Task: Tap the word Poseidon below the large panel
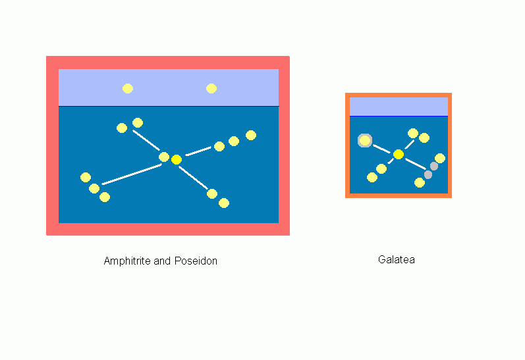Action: pos(196,261)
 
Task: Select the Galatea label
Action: pos(397,259)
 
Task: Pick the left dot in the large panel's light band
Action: pos(128,89)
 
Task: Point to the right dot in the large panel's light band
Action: pos(211,89)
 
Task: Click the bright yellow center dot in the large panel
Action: pos(177,159)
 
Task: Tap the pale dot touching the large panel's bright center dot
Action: pos(164,157)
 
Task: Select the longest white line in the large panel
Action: pos(132,174)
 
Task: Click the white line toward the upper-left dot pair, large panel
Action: pos(146,140)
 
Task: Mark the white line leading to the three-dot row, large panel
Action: pos(198,151)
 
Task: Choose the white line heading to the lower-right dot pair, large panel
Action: pos(193,177)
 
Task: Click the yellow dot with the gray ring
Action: pos(365,141)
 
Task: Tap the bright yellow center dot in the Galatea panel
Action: pos(399,154)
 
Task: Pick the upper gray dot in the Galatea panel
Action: pos(434,166)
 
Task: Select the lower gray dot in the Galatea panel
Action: pos(428,174)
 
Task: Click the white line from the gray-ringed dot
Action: pos(381,149)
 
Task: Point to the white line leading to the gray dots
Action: pos(416,164)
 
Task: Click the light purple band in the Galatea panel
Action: pos(399,107)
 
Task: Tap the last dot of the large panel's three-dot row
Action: pos(251,135)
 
